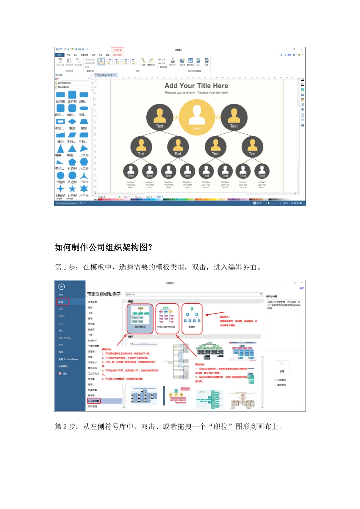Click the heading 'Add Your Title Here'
click(196, 86)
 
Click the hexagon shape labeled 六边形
click(84, 162)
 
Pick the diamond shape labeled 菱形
click(72, 122)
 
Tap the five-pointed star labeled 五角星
click(72, 189)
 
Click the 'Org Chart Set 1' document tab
click(105, 75)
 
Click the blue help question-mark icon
click(303, 125)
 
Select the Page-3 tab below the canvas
click(149, 197)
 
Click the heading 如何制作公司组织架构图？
click(103, 247)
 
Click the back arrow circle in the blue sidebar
click(61, 287)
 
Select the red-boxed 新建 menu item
click(63, 302)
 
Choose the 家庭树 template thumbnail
click(192, 319)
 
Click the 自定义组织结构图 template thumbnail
click(166, 319)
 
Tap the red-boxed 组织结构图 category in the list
click(94, 401)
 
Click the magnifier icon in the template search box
click(261, 294)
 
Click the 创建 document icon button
click(282, 366)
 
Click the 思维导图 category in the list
click(92, 390)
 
